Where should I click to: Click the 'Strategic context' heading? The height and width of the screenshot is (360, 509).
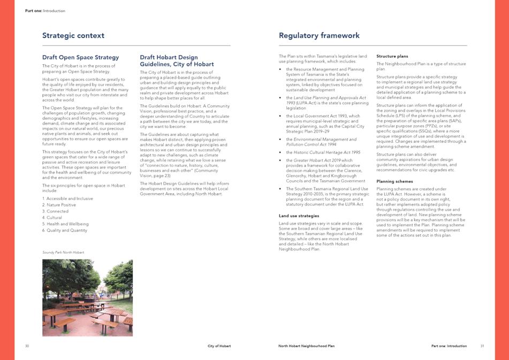point(73,36)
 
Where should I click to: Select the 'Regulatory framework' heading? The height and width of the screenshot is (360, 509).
point(319,36)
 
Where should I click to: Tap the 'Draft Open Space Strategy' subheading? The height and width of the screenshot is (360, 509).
point(80,57)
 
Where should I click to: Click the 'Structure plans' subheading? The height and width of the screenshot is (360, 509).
point(392,56)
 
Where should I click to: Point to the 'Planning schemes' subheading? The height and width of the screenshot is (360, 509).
point(395,181)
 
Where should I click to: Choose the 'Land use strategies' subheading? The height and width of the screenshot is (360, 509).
point(299,216)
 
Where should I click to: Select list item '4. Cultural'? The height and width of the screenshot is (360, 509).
point(54,218)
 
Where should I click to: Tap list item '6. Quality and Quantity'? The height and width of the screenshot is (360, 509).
point(65,231)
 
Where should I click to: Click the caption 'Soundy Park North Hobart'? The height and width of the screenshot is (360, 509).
point(63,252)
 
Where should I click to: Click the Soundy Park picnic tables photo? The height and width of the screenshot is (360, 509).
point(87,297)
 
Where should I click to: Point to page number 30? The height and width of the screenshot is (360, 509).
point(27,346)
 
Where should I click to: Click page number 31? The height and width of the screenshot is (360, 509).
point(482,346)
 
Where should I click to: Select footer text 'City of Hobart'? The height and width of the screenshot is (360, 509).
point(219,346)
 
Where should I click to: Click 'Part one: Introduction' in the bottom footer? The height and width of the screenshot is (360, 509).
point(449,346)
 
